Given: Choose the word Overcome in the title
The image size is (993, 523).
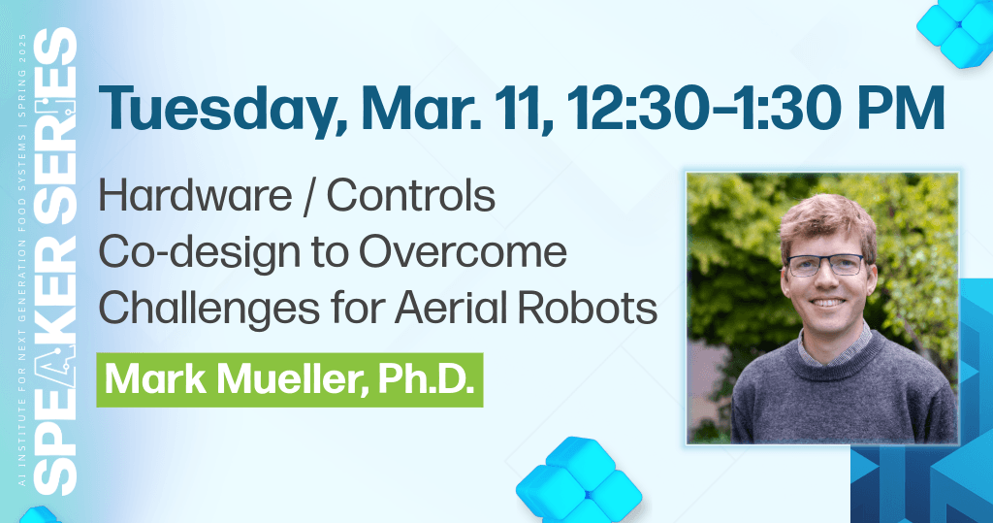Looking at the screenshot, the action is [x=463, y=252].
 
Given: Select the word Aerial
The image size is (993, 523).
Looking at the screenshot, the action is [x=450, y=309].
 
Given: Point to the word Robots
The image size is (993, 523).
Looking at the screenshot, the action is [x=588, y=309].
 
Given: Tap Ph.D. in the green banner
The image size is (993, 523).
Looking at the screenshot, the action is [x=426, y=379].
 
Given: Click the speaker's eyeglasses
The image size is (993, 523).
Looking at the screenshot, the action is [x=825, y=265].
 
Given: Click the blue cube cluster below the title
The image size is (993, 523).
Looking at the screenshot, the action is [x=579, y=480].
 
